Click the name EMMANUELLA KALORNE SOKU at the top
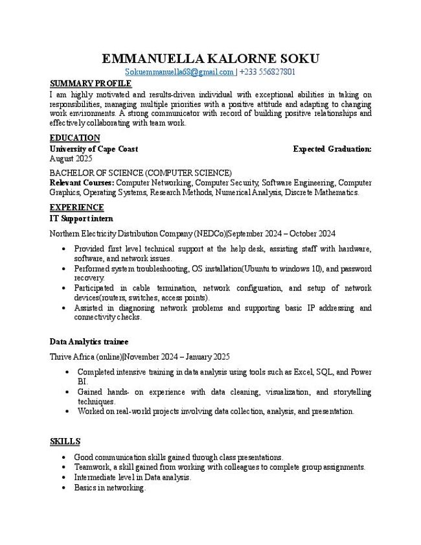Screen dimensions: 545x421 (210, 58)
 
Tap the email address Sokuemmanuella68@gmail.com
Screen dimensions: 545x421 (179, 72)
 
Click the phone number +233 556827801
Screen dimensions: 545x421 (267, 72)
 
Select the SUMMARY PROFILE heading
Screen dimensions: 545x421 (91, 84)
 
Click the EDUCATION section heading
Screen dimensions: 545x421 (74, 137)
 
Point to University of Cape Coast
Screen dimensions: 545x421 (93, 149)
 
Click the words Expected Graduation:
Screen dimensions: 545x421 (332, 149)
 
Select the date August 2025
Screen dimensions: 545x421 (71, 159)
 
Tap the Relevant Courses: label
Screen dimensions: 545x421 (82, 183)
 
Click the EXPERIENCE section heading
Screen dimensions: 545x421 (76, 207)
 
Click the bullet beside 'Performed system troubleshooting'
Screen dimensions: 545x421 (62, 268)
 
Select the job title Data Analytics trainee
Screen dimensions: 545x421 (89, 342)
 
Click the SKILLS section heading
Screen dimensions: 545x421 (65, 441)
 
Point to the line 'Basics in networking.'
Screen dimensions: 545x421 (109, 488)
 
